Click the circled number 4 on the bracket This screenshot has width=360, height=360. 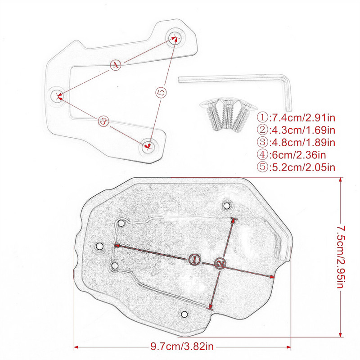[116, 65]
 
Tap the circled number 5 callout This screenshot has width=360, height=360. [162, 91]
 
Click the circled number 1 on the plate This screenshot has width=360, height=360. [194, 259]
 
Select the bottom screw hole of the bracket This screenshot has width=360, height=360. [148, 145]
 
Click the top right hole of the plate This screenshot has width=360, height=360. [227, 206]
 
